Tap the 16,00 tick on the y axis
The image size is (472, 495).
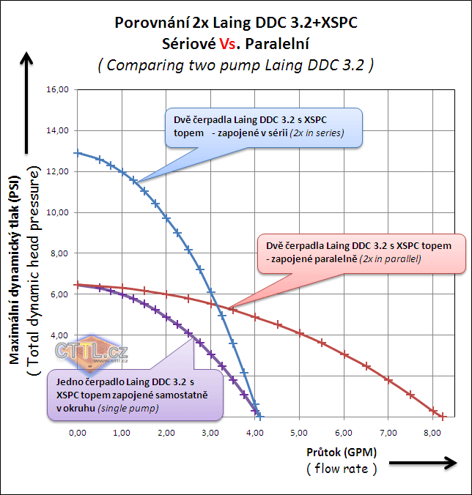(x=57, y=89)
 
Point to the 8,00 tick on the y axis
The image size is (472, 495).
(x=59, y=253)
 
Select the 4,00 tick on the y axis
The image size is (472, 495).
(x=59, y=335)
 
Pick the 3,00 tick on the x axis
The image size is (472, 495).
(x=210, y=433)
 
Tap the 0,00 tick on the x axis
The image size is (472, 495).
(x=77, y=433)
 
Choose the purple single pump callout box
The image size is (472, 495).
(x=133, y=395)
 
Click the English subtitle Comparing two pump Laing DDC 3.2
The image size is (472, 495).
(x=236, y=64)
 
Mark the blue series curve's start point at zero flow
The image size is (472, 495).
(x=78, y=153)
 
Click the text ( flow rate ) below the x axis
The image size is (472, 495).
(x=342, y=469)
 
